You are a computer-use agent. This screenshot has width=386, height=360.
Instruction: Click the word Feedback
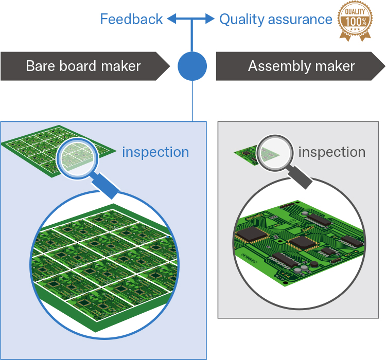(131, 20)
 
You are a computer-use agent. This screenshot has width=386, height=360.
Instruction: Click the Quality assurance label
(275, 20)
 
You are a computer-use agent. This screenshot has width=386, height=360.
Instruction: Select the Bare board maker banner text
(83, 66)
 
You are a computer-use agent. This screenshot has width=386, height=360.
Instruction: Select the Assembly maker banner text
(301, 66)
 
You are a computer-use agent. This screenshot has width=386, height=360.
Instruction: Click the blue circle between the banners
(192, 66)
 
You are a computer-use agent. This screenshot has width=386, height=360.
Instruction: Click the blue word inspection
(155, 152)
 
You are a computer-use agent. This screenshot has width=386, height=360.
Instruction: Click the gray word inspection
(332, 152)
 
